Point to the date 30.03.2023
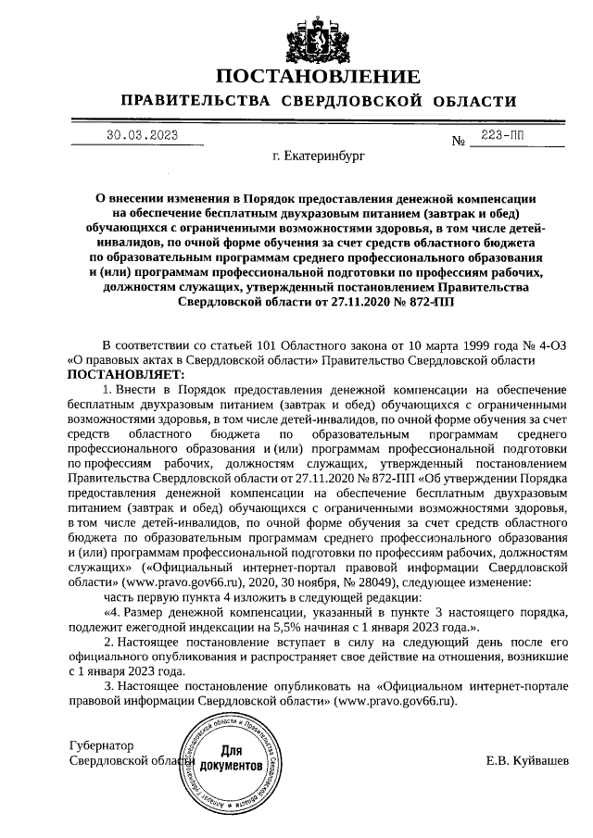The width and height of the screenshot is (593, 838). (142, 136)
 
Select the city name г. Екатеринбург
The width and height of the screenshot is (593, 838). (319, 157)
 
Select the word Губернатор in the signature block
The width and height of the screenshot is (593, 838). (102, 745)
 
